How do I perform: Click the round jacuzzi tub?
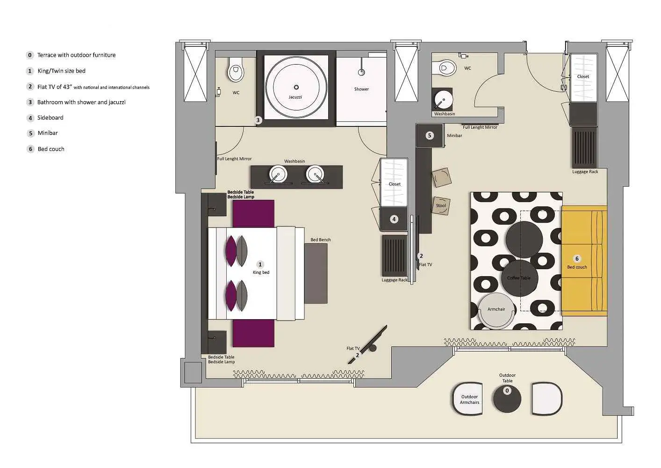point(296,88)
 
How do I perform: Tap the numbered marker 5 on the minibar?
point(430,136)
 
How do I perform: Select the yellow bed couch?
point(584,260)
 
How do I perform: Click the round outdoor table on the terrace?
point(507,398)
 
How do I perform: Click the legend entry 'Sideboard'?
point(50,118)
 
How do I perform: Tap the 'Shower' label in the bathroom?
point(361,89)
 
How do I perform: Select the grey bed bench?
point(316,274)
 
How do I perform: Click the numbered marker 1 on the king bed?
point(260,265)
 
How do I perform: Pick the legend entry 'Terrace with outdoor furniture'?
point(76,55)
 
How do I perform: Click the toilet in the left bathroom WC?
point(236,71)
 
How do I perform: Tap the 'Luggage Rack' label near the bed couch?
point(585,172)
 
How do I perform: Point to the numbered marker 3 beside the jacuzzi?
point(258,120)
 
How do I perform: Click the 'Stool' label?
point(441,205)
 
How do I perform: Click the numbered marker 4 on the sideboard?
point(394,219)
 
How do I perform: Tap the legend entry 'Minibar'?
point(48,133)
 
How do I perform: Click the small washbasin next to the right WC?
point(442,100)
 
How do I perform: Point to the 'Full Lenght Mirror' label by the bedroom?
point(234,159)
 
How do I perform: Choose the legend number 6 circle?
point(30,149)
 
